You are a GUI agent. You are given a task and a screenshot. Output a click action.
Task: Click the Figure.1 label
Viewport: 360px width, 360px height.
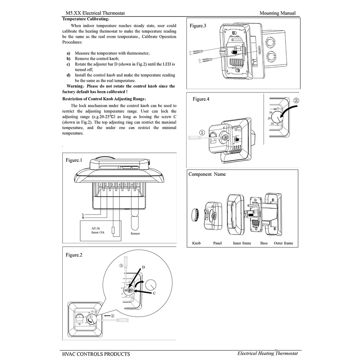coord(74,160)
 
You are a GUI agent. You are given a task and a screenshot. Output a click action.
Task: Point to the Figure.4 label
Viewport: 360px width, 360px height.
coord(201,99)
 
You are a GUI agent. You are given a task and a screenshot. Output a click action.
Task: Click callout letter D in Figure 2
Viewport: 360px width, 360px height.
coord(143,267)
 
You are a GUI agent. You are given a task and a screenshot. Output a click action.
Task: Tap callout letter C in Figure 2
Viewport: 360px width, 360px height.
coord(154,293)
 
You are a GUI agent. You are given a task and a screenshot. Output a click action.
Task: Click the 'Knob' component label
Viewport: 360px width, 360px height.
coord(196,243)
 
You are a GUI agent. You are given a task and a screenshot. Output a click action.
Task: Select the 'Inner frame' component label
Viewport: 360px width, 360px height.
coord(242,243)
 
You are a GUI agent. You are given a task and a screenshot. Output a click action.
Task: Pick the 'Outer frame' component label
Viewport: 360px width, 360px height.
coord(283,243)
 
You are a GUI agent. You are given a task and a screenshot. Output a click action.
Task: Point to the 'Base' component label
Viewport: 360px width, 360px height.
coord(264,243)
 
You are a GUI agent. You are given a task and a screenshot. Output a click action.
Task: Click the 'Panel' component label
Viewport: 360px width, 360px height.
coord(217,243)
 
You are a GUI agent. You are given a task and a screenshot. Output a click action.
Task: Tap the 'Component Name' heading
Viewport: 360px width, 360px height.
coord(207,174)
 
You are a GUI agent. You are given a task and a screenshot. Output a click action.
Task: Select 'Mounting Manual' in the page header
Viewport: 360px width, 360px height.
coord(277,13)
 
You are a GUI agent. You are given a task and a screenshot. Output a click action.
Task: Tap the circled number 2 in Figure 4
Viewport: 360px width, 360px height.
coord(296,100)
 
